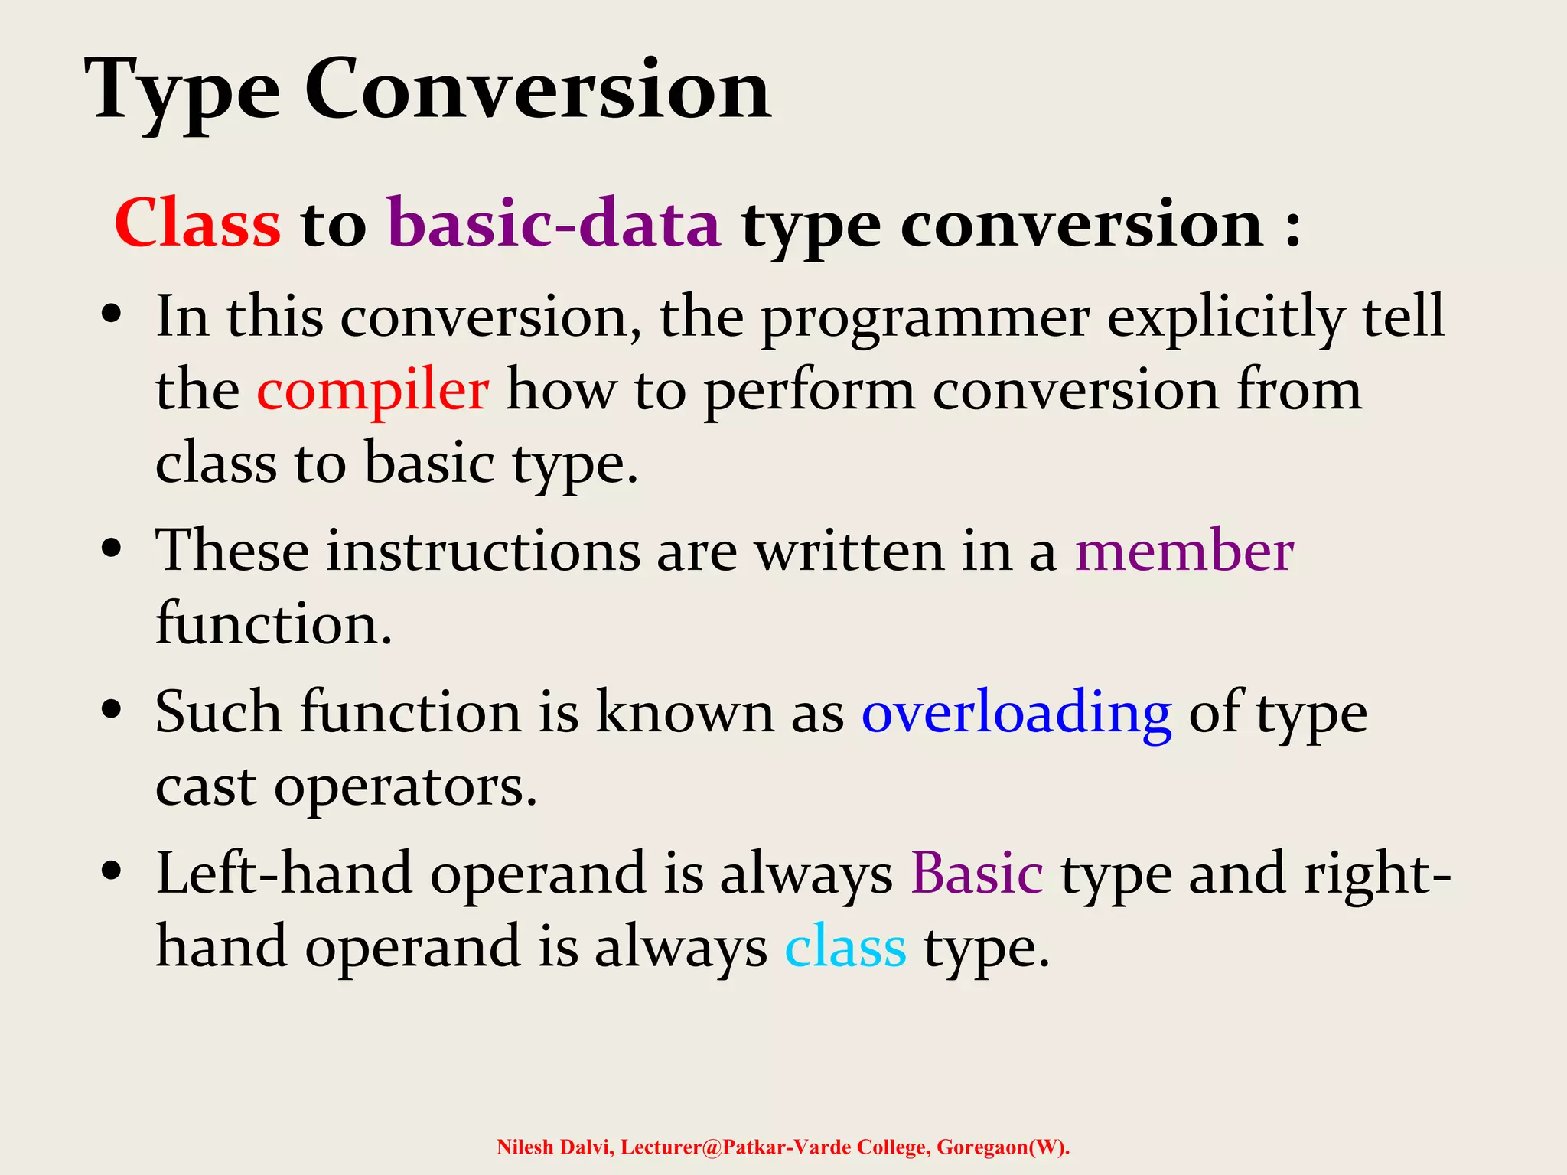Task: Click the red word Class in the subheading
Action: click(x=197, y=223)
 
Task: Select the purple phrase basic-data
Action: click(x=554, y=223)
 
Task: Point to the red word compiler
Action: click(x=372, y=390)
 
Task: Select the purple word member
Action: click(x=1184, y=551)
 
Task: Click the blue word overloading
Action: click(x=1016, y=713)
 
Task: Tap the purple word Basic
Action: click(x=976, y=874)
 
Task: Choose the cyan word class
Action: click(x=845, y=947)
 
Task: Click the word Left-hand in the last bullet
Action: click(x=284, y=874)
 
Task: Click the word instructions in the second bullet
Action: click(x=483, y=551)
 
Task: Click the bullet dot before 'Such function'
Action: click(x=112, y=709)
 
